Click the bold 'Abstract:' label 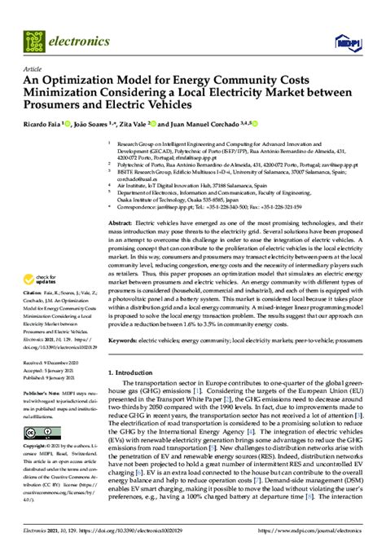pos(120,222)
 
